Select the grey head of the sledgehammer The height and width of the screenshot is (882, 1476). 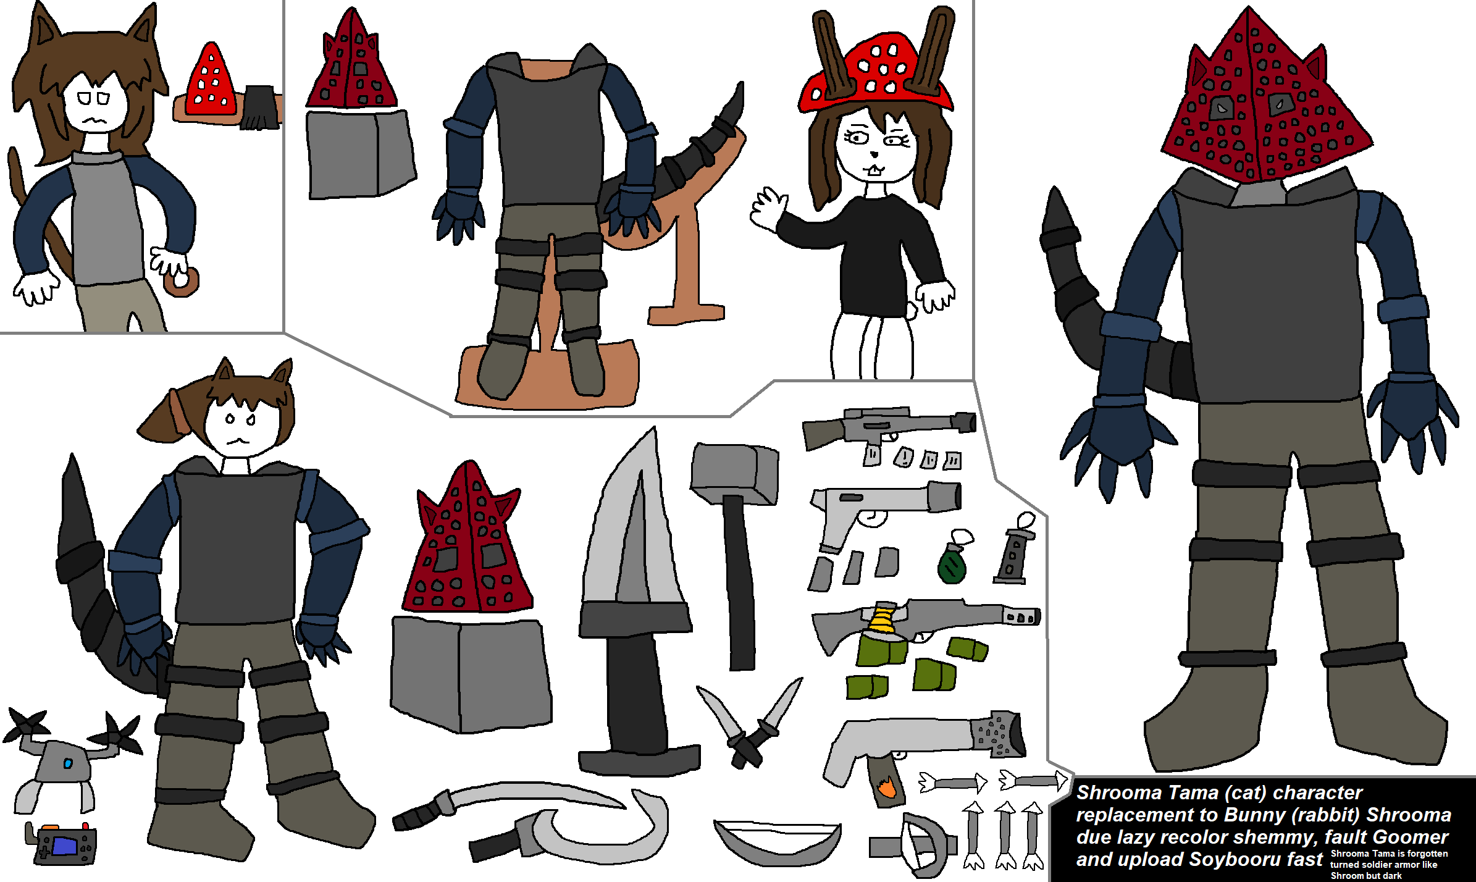pos(734,471)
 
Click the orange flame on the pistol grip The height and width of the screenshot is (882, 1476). pos(886,787)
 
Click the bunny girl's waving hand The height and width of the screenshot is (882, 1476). pos(768,208)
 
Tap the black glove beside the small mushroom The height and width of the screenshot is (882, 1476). pos(259,107)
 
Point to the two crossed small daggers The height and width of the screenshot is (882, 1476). pos(749,723)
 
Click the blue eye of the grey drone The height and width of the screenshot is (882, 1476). pos(68,764)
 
